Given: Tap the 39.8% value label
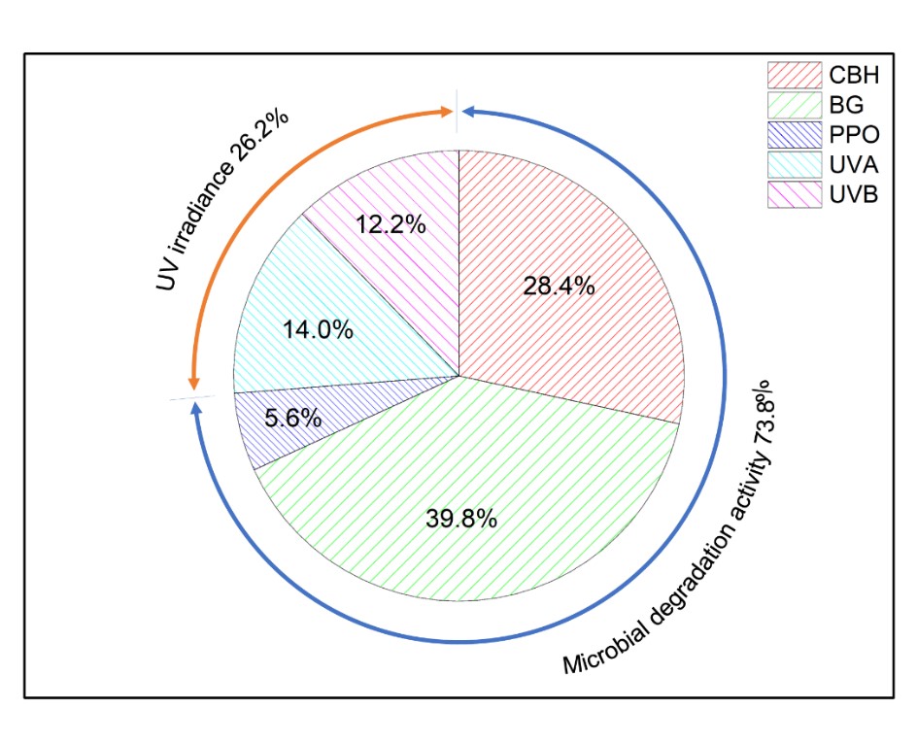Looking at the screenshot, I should pos(461,519).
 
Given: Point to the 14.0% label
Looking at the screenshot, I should pos(318,330).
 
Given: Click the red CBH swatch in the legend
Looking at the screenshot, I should pos(792,74).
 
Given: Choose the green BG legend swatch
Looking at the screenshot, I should pos(792,103).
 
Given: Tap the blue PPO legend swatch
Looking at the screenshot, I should pos(792,133).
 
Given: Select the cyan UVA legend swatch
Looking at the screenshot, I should pos(792,163).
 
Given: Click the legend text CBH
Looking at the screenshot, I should pos(853,74).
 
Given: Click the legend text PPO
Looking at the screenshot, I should pos(852,133).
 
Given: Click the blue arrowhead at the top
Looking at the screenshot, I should pos(470,112).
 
